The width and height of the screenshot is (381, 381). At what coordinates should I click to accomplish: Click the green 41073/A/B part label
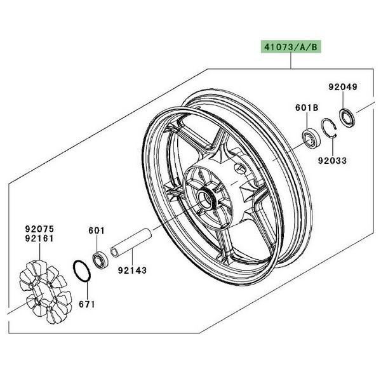[x=291, y=46]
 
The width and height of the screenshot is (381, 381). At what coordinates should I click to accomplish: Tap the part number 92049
[x=343, y=87]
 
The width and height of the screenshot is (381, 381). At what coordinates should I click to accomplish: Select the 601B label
[x=307, y=108]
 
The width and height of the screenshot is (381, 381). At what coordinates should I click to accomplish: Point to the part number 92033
[x=332, y=161]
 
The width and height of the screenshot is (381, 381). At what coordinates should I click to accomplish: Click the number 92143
[x=133, y=270]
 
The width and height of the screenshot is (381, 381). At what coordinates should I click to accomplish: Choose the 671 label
[x=87, y=304]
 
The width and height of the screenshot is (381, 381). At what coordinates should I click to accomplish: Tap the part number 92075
[x=39, y=229]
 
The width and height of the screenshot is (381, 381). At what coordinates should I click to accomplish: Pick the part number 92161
[x=39, y=238]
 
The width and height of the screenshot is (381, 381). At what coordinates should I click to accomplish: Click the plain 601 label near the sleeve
[x=97, y=231]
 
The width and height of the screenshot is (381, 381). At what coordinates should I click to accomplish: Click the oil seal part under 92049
[x=347, y=118]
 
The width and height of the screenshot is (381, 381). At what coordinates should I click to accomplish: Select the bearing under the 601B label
[x=311, y=139]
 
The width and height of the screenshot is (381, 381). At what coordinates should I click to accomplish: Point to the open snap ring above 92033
[x=329, y=128]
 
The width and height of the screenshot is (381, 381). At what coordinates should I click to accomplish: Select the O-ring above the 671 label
[x=82, y=271]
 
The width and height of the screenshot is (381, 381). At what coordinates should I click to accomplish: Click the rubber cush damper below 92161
[x=46, y=292]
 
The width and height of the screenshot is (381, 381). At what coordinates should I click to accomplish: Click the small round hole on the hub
[x=240, y=168]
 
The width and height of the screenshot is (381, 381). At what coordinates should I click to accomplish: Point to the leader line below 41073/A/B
[x=291, y=61]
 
